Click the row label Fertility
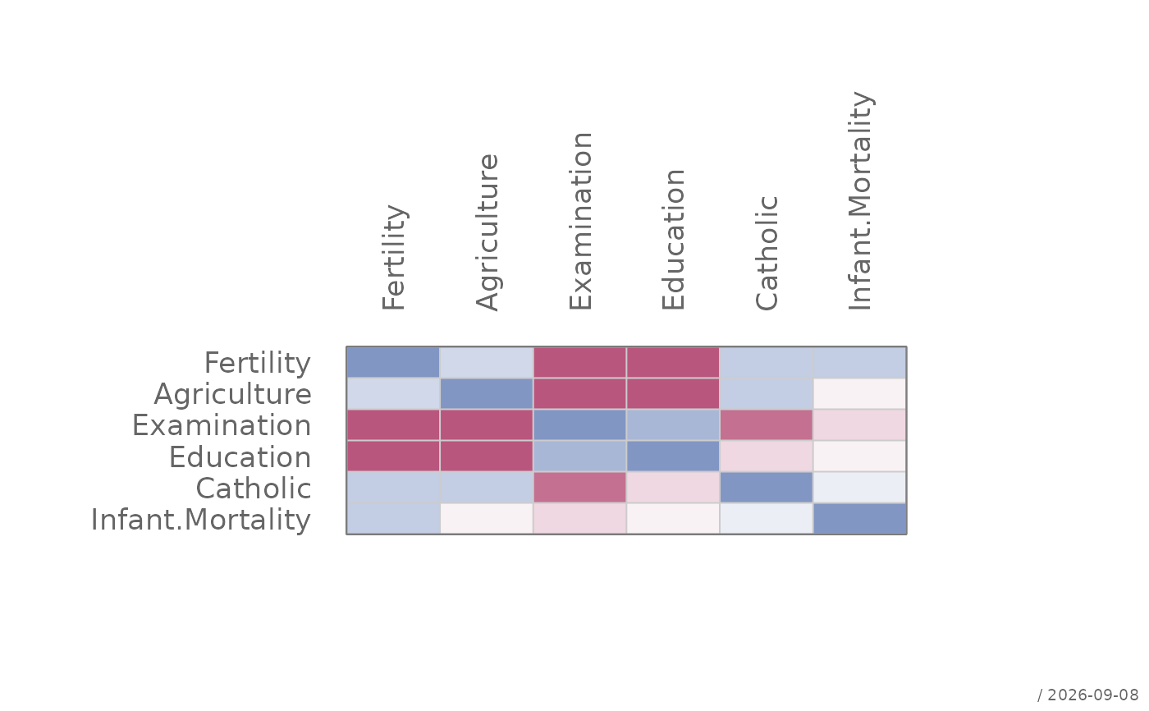(x=258, y=363)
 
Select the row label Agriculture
(x=233, y=394)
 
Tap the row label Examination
(x=222, y=426)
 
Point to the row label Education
(x=240, y=457)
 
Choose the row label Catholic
(x=254, y=489)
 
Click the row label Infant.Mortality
(x=201, y=520)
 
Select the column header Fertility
(x=394, y=258)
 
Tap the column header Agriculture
(x=487, y=232)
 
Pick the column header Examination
(x=581, y=221)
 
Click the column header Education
(x=674, y=239)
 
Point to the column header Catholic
(x=767, y=253)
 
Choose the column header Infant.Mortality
(x=860, y=200)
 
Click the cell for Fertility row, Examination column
(x=579, y=363)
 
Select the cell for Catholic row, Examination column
(x=579, y=488)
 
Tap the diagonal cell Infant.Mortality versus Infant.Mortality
(x=860, y=519)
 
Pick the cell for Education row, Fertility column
(x=393, y=456)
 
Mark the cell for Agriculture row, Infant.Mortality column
(x=860, y=393)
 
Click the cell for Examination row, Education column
(x=673, y=424)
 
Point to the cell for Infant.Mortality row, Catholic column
(x=767, y=519)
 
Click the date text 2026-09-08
(x=1093, y=695)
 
